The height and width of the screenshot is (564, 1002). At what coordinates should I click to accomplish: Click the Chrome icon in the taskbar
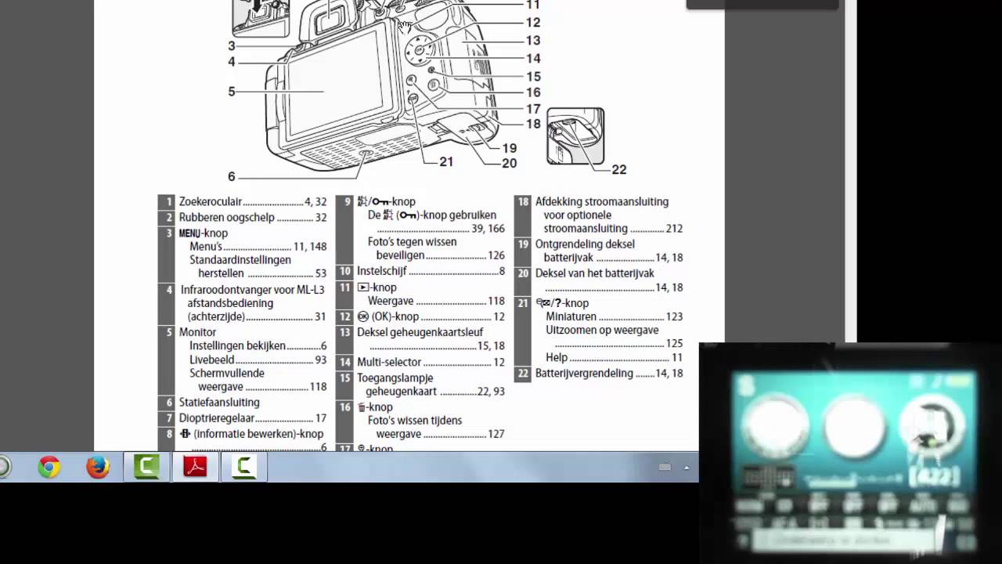point(49,468)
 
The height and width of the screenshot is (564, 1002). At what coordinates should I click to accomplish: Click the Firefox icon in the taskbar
point(98,468)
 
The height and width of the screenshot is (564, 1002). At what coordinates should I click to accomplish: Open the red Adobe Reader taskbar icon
point(194,468)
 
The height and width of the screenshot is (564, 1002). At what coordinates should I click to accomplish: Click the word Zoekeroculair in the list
point(210,201)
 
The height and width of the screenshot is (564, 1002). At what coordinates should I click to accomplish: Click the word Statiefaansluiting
point(218,402)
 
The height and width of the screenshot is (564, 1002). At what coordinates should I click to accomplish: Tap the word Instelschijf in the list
point(382,271)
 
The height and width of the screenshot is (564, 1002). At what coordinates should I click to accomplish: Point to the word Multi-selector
point(389,362)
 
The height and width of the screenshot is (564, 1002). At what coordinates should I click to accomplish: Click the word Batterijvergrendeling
point(584,373)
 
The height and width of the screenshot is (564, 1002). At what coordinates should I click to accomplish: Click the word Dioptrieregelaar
point(217,418)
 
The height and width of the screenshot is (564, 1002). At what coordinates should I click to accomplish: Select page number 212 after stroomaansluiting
point(674,229)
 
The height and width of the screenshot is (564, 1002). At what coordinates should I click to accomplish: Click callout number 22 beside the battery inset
point(618,169)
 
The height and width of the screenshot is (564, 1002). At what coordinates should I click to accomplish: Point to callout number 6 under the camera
point(232,177)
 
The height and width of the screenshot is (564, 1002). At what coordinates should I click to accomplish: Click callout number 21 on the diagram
point(446,161)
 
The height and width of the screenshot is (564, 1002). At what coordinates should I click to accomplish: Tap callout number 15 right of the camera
point(533,77)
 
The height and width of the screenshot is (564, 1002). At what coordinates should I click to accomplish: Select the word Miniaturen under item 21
point(571,316)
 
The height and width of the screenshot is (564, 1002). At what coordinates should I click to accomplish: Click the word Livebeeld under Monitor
point(212,360)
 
